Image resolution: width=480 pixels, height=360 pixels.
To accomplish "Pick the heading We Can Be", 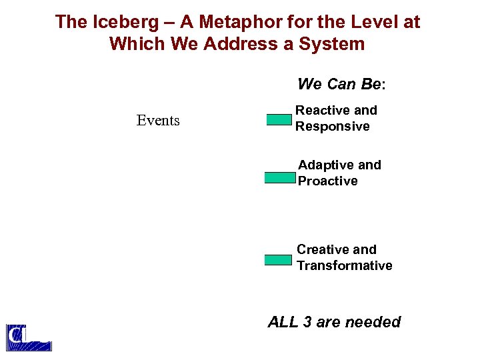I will click(x=341, y=85).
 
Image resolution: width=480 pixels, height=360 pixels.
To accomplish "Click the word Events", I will click(x=158, y=121).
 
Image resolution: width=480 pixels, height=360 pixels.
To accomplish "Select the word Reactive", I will click(x=323, y=111).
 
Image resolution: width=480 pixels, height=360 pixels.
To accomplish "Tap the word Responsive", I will click(x=332, y=127).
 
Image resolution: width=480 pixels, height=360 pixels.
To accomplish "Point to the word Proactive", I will click(x=327, y=181).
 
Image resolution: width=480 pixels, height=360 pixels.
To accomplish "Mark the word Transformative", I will click(x=344, y=265).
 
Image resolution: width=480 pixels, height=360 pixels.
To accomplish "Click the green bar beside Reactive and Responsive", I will click(x=279, y=120).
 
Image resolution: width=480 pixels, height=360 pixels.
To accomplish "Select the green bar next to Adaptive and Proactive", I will click(x=280, y=178).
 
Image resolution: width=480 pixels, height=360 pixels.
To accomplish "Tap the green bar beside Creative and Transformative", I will click(x=279, y=260).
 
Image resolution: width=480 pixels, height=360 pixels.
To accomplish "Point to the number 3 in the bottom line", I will click(x=307, y=322).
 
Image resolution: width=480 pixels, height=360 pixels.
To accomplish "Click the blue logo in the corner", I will click(x=28, y=337).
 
